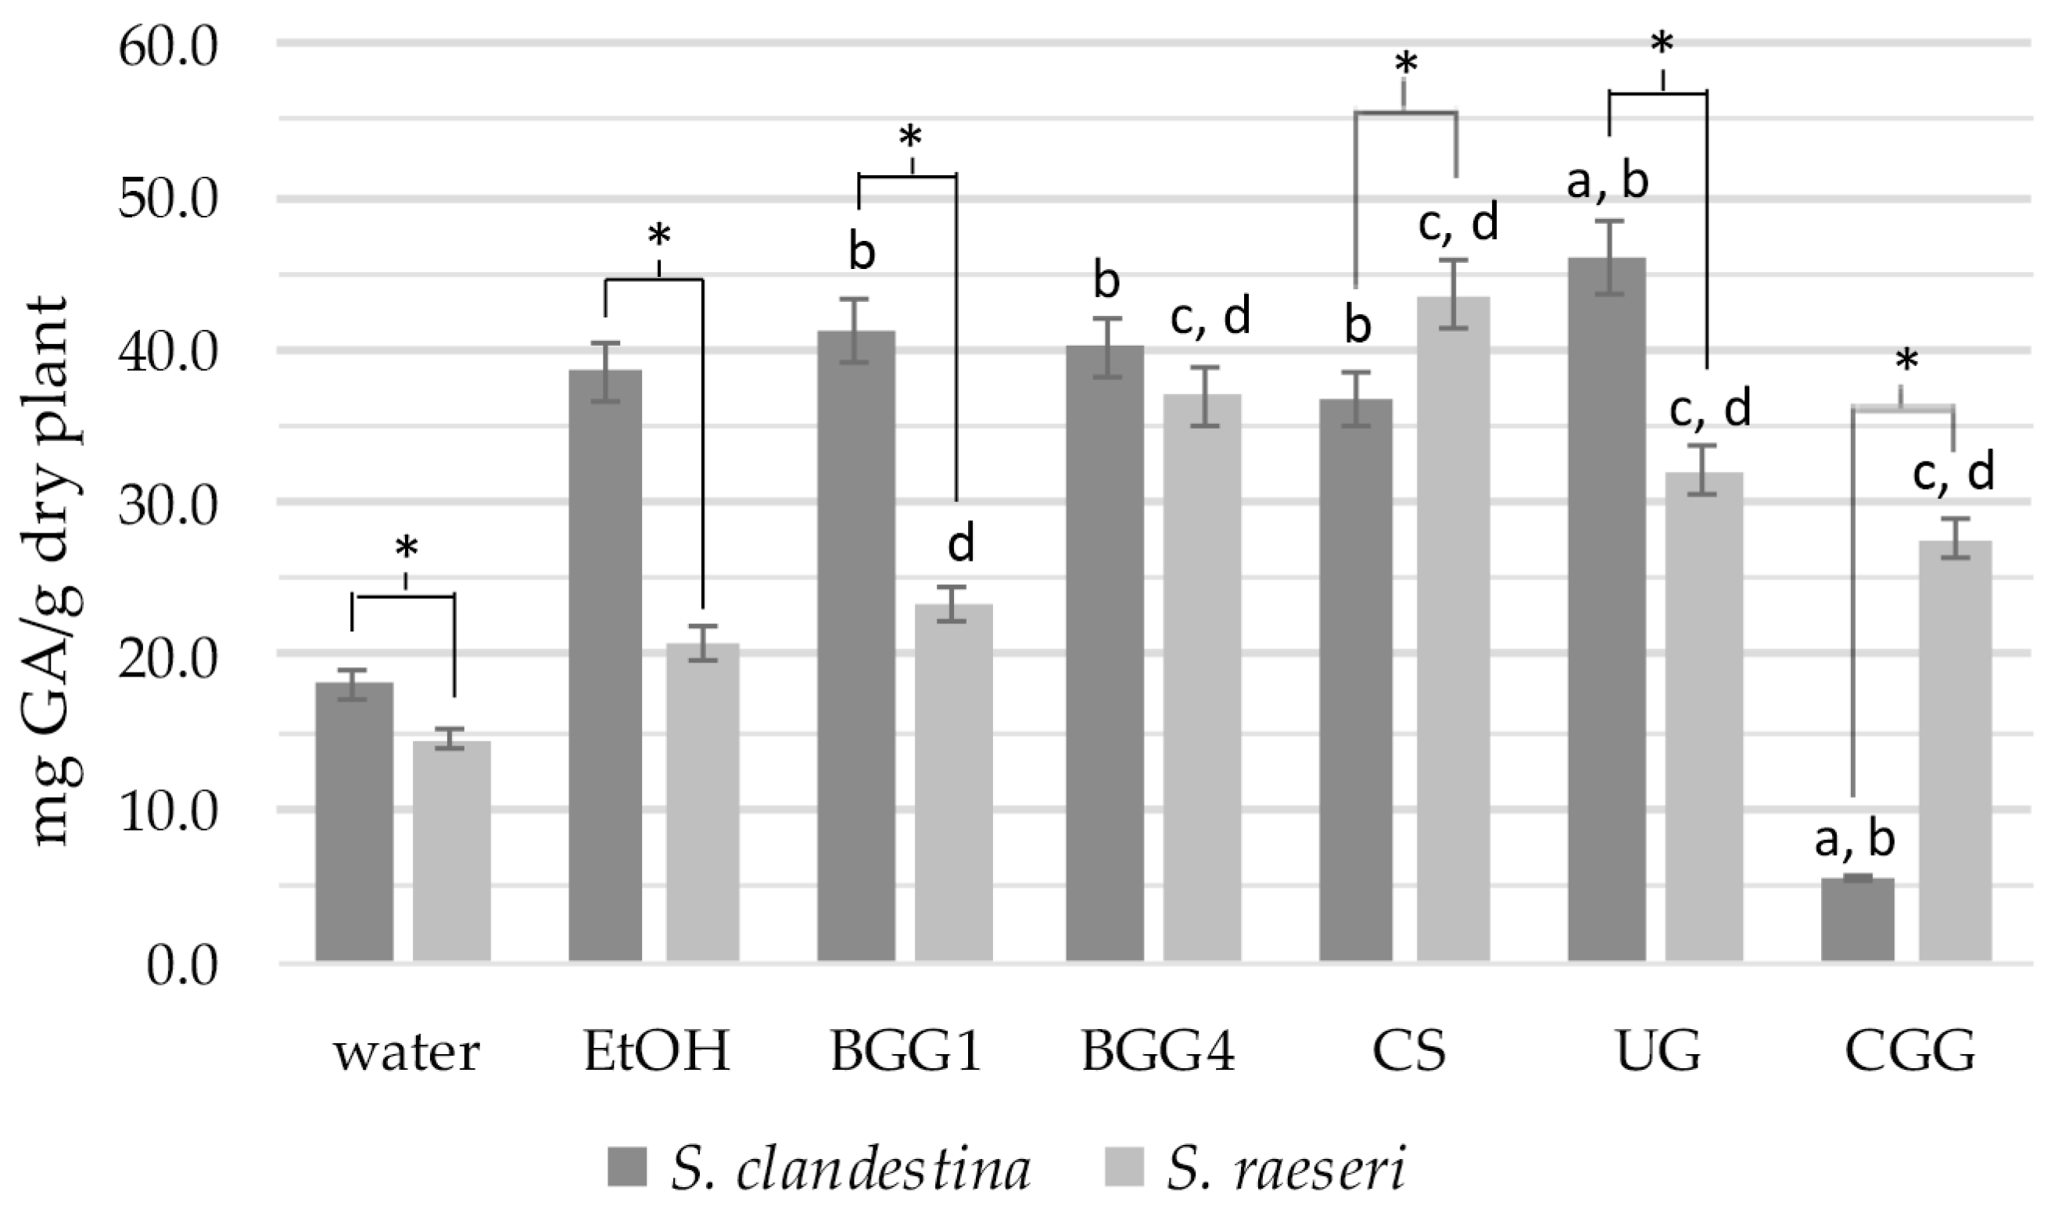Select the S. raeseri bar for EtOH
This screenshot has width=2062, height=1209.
[x=703, y=802]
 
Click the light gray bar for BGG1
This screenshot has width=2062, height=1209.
[x=953, y=782]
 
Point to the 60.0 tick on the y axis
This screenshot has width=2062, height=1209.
[x=168, y=48]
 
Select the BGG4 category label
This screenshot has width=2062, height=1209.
[x=1158, y=1053]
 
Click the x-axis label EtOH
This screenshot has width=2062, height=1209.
[x=656, y=1053]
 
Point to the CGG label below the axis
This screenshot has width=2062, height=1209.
[x=1910, y=1053]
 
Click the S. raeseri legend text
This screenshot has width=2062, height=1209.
[x=1286, y=1169]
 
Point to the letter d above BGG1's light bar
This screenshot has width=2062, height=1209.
[x=962, y=544]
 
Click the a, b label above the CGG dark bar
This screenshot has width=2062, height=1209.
[x=1854, y=840]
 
